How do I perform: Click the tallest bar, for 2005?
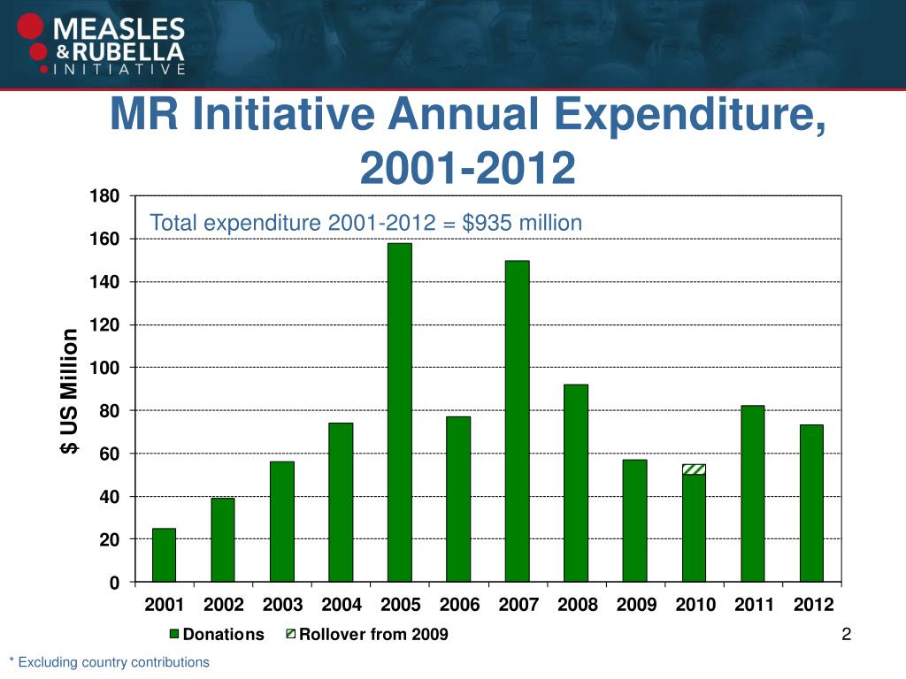click(399, 412)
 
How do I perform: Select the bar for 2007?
click(517, 421)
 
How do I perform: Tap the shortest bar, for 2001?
click(164, 555)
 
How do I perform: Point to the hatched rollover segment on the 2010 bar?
click(694, 469)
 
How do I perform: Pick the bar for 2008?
click(575, 483)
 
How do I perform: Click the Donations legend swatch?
click(175, 634)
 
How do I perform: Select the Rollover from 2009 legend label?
click(374, 634)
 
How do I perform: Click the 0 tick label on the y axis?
click(115, 583)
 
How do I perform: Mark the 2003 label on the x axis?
click(282, 606)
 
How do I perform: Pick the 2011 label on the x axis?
click(753, 606)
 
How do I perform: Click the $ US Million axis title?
click(69, 393)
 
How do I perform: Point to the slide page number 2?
click(847, 634)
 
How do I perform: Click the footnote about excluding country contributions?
click(109, 661)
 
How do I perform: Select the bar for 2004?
click(341, 502)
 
